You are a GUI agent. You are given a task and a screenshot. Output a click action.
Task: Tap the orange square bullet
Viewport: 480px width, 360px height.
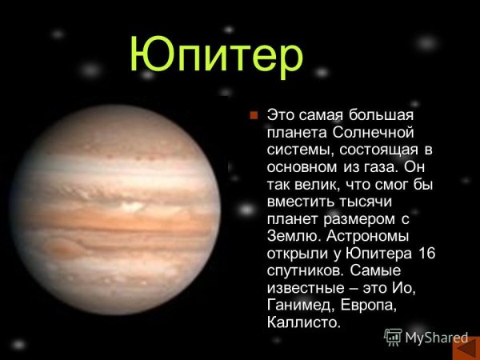(253, 115)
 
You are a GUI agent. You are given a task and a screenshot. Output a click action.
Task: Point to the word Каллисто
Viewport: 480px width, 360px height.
(301, 323)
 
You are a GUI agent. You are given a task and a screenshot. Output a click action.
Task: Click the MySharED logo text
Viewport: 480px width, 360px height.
(426, 338)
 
